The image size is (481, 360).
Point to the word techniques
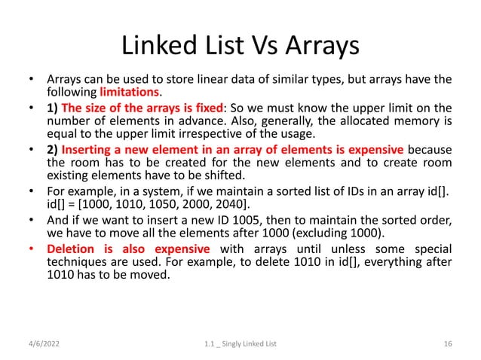pyautogui.click(x=75, y=262)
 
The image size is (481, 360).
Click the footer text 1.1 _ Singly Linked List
pyautogui.click(x=240, y=344)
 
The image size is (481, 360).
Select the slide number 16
pyautogui.click(x=448, y=344)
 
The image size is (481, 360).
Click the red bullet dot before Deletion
pyautogui.click(x=31, y=249)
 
